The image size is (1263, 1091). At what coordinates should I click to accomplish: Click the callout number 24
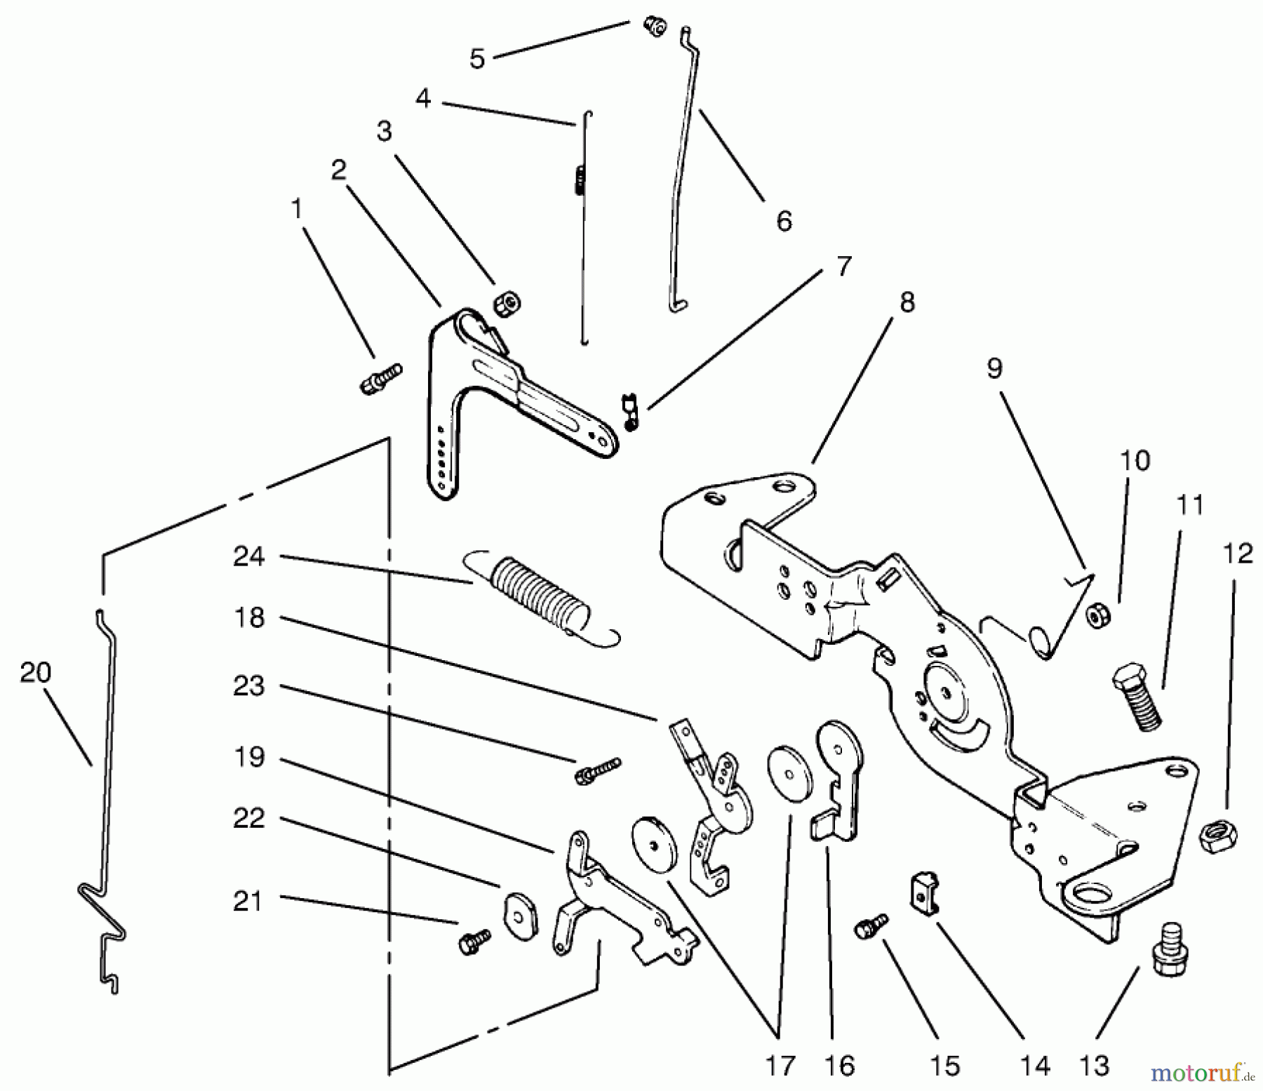(x=249, y=557)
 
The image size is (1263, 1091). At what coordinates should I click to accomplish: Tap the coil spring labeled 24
(x=540, y=596)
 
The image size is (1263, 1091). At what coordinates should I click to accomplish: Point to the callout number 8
(x=907, y=302)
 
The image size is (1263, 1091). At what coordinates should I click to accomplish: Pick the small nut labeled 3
(x=507, y=304)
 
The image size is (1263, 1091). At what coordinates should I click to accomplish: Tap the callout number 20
(x=36, y=673)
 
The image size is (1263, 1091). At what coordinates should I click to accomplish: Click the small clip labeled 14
(x=925, y=891)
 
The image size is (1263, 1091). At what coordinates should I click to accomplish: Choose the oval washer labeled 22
(x=520, y=913)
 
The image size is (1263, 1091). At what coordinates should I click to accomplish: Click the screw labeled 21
(x=474, y=940)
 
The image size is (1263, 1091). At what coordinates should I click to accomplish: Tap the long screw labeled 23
(x=598, y=770)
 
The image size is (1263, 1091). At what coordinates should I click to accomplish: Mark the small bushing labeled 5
(x=654, y=28)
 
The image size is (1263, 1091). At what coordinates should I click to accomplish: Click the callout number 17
(x=780, y=1066)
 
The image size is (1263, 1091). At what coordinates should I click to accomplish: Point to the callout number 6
(x=784, y=221)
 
